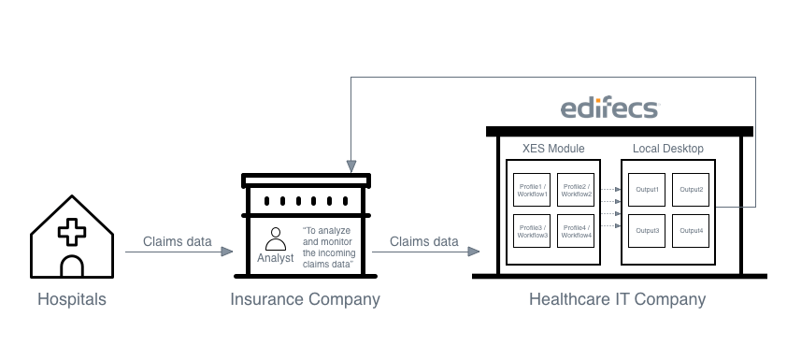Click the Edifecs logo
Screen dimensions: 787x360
(609, 108)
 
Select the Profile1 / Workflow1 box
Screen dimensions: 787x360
(532, 190)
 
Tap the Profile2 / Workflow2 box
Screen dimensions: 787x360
(576, 190)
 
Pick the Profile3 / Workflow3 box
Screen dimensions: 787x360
(532, 231)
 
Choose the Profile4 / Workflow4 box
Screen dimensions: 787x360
(576, 231)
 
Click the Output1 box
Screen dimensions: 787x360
(647, 190)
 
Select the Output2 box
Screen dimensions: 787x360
(691, 190)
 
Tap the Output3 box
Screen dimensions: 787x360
(647, 231)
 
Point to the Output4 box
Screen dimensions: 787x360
(691, 231)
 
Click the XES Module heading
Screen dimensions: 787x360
(553, 149)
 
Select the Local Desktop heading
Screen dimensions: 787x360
(668, 149)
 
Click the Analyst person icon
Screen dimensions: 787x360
(276, 239)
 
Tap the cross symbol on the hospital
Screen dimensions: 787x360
(72, 232)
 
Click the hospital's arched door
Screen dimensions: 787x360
(72, 266)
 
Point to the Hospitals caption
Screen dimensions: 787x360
(72, 299)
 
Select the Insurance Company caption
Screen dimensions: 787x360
(305, 299)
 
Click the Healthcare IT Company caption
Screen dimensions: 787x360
(617, 299)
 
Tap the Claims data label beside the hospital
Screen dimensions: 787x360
(178, 241)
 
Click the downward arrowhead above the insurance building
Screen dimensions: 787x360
(351, 166)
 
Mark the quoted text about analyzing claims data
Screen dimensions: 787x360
(329, 248)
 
